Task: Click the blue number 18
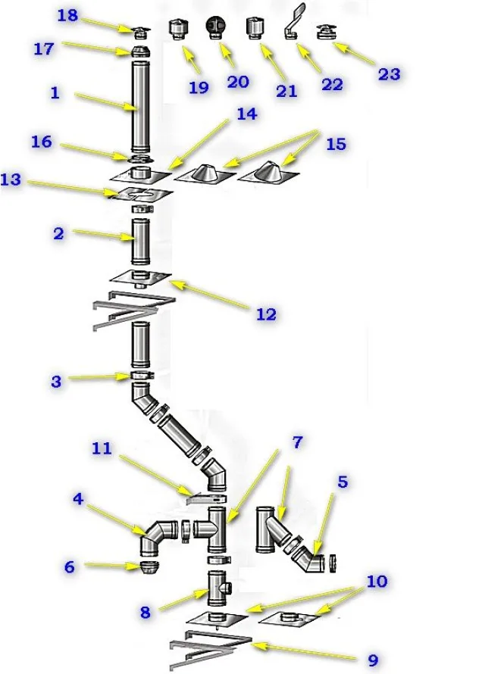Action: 67,15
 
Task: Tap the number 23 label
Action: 389,74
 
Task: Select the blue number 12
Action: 266,314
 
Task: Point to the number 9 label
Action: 372,660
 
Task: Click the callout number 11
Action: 102,448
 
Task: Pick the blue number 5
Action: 343,482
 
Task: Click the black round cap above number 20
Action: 215,28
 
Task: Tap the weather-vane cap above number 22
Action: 294,21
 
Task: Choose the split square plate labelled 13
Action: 140,195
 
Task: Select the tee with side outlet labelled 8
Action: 218,588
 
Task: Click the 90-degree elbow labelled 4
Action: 157,538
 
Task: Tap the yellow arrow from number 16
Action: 95,152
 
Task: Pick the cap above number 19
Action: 177,30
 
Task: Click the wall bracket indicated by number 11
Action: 205,500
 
